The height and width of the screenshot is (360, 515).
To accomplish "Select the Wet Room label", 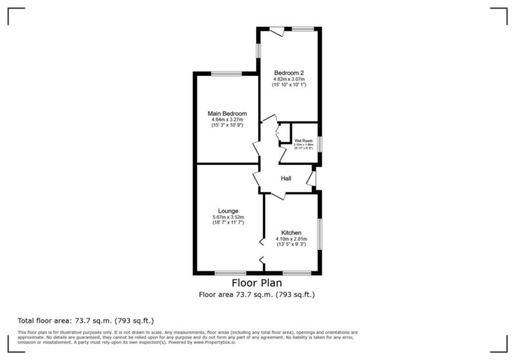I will tap(303, 141).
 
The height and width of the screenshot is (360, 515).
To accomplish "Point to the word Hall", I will tap(286, 178).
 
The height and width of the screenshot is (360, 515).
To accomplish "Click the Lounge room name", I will tap(228, 211).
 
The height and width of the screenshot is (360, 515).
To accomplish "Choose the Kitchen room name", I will tap(291, 232).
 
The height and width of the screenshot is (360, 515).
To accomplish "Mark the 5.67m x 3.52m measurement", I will tap(228, 217).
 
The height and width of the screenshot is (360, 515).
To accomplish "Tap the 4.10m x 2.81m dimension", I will tap(291, 239).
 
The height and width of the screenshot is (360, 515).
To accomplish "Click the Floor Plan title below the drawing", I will tap(257, 283).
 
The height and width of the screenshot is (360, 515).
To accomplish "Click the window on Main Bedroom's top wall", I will tap(226, 74).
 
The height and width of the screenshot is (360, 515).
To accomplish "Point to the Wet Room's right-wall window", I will tap(320, 144).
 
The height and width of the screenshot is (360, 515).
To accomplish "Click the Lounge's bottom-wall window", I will tap(230, 273).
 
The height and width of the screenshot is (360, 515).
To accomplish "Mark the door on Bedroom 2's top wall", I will tap(276, 29).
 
